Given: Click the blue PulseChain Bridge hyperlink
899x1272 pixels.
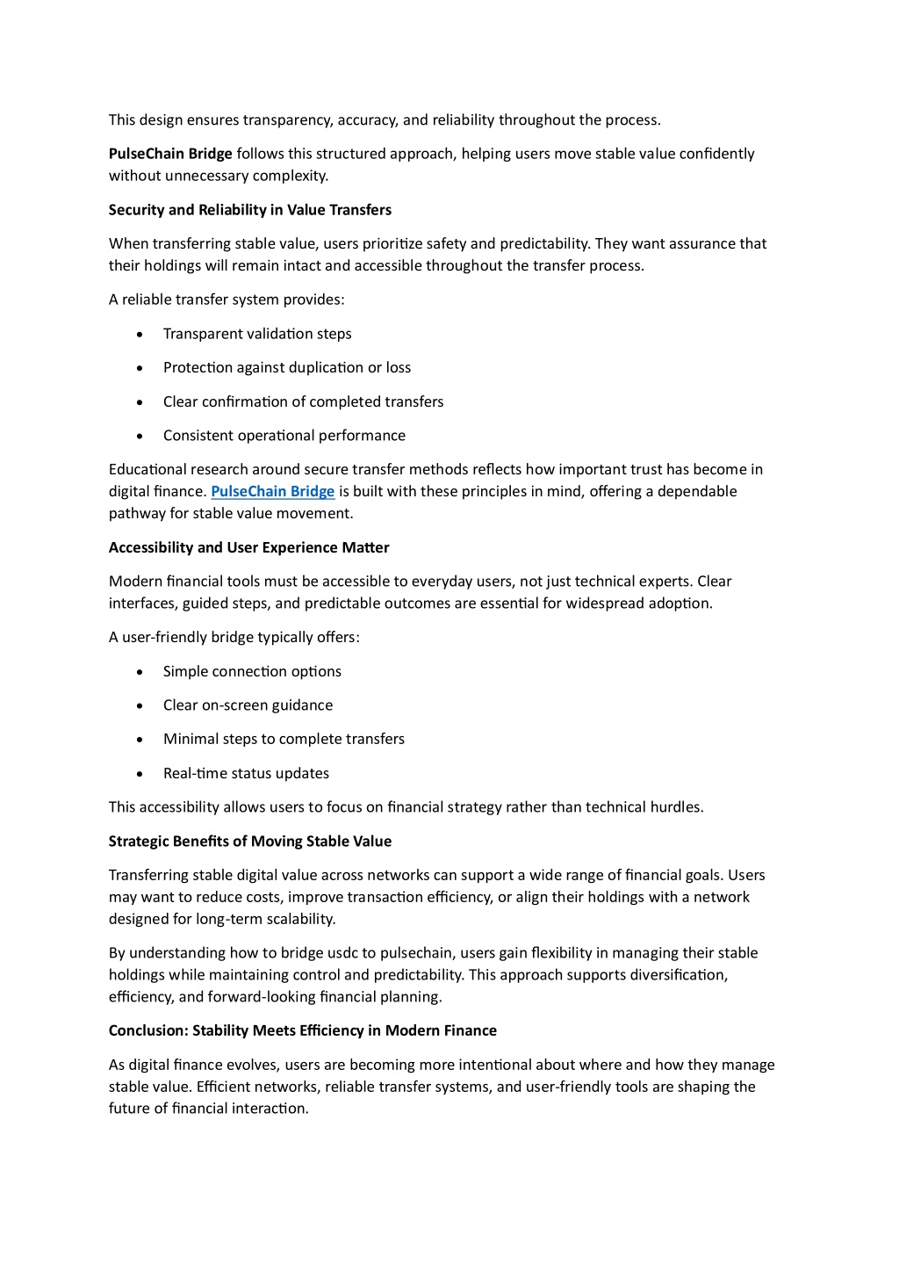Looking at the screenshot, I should (272, 492).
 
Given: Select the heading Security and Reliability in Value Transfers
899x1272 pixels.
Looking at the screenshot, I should (250, 210).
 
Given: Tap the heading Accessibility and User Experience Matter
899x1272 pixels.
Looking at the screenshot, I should (248, 547).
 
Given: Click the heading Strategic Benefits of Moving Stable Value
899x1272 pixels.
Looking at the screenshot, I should (250, 842).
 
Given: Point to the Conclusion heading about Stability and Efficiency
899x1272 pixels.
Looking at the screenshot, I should (303, 1030).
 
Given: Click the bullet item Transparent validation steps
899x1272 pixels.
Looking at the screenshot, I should (257, 334).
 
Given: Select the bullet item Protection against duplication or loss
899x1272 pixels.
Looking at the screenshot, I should (287, 368).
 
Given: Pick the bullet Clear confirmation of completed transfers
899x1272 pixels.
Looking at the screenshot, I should (303, 402).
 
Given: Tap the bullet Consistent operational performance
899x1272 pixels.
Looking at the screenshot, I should (284, 436).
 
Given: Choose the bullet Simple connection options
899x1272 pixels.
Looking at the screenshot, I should (252, 672).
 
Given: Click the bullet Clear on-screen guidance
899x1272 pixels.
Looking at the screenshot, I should (248, 705).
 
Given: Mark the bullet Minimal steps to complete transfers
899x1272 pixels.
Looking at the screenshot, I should (284, 740).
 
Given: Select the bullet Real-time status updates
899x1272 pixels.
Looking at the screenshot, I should (246, 774).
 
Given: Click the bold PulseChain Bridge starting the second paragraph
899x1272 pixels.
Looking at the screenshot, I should (170, 154).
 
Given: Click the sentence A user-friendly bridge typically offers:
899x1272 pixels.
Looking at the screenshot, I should (234, 638).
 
